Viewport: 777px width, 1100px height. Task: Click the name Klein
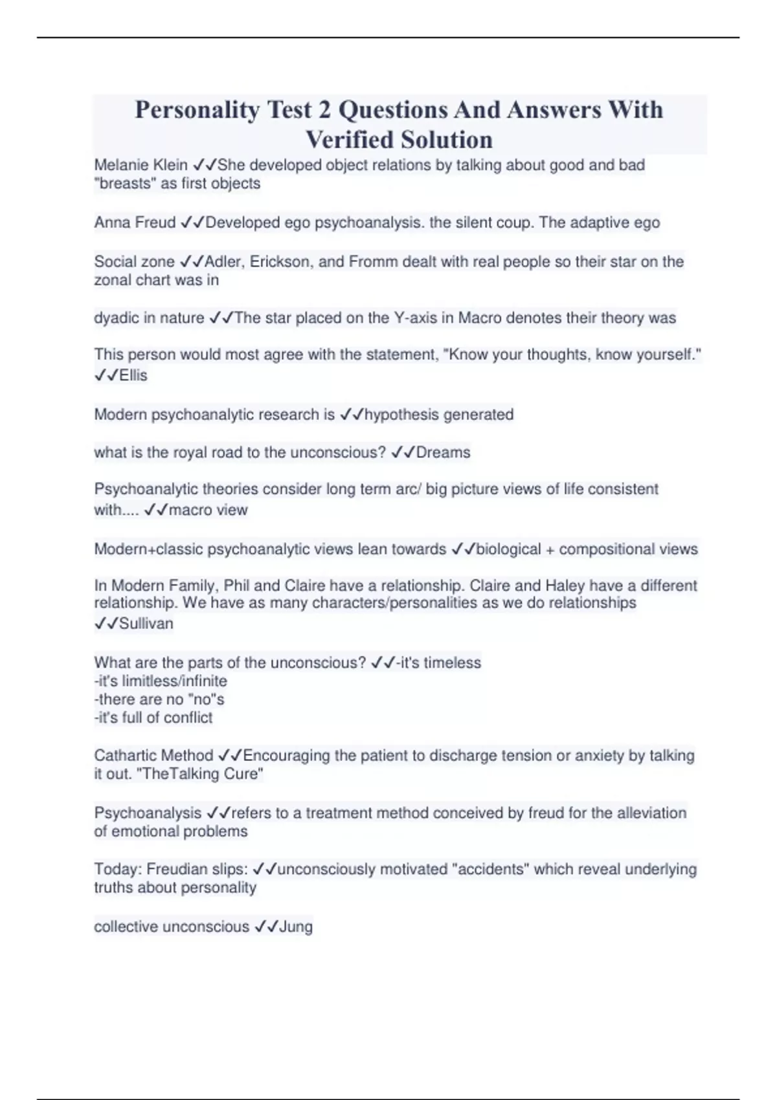170,166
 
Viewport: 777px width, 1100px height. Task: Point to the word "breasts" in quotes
125,184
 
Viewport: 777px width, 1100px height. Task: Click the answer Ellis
133,376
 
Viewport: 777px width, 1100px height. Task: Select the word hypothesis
401,415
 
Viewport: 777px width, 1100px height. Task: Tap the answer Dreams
443,452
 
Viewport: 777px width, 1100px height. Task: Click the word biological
508,549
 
